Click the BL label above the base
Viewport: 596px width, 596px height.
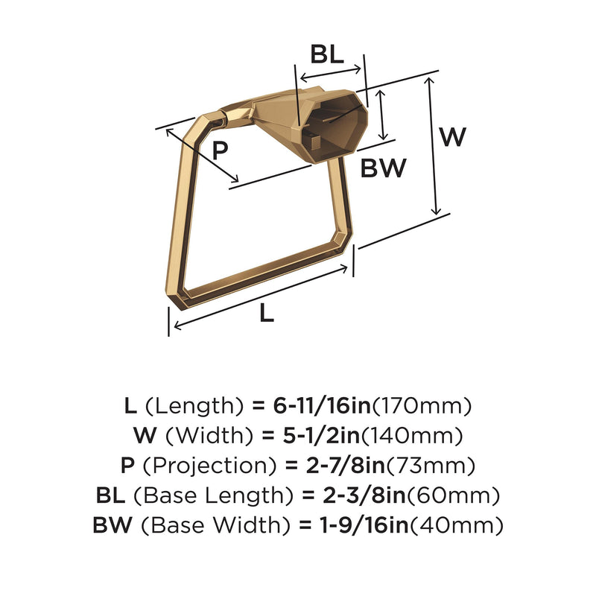pos(327,54)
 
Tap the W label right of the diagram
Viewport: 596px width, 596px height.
pos(453,136)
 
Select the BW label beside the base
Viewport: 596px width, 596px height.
pos(384,168)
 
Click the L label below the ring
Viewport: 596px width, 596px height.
pos(267,314)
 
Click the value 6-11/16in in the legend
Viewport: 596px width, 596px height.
pos(322,405)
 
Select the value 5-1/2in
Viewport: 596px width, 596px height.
pos(322,435)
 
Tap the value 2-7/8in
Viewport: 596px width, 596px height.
pos(346,465)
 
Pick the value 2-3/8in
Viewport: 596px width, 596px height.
pos(364,495)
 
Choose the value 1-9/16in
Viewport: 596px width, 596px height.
pos(364,525)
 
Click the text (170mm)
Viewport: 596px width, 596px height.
pos(422,406)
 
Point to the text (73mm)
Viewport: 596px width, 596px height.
pos(431,466)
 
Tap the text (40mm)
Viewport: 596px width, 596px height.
pos(456,525)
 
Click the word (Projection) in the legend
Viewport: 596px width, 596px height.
pos(209,466)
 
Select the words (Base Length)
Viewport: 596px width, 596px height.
pos(214,495)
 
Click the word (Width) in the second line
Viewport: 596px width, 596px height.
pos(209,436)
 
